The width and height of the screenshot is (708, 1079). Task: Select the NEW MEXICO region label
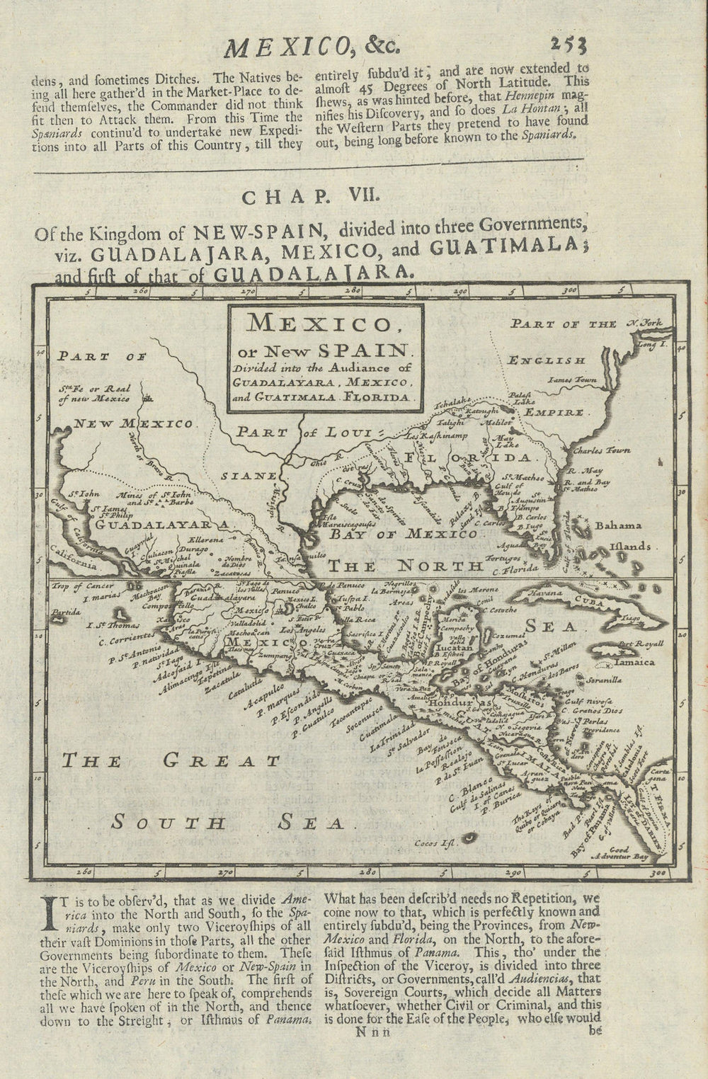point(135,424)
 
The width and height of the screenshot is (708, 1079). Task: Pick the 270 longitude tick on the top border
point(247,290)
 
